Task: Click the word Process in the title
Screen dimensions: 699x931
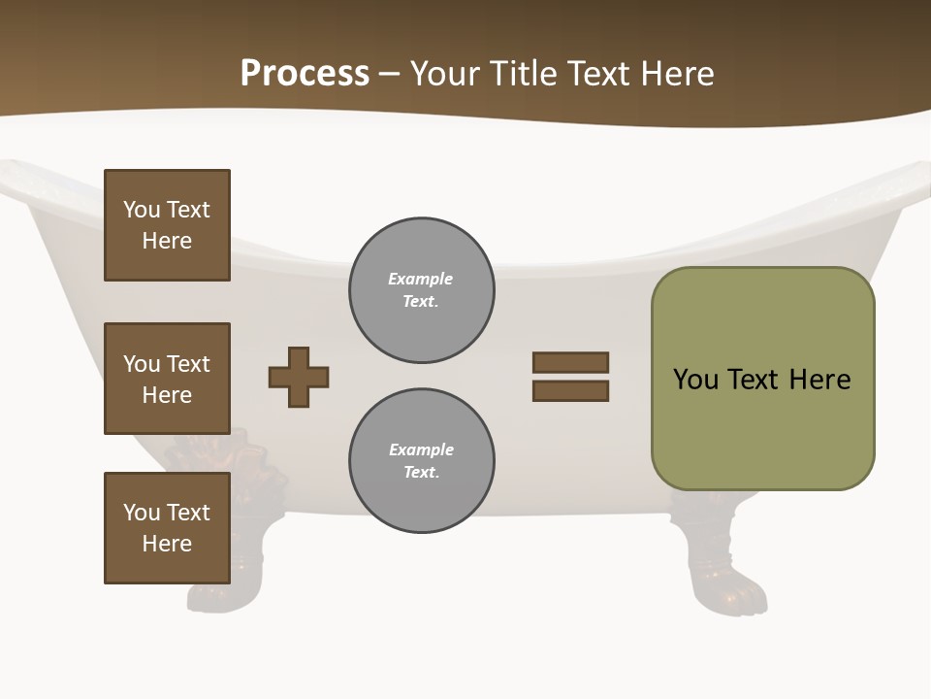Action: tap(305, 74)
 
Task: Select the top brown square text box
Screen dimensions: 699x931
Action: tap(167, 225)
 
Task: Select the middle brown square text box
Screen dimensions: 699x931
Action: tap(167, 379)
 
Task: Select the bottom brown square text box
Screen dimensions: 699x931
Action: tap(167, 528)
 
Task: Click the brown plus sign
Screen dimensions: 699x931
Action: tap(299, 377)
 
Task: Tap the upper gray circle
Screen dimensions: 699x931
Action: tap(421, 290)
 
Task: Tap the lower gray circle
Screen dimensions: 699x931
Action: tap(421, 461)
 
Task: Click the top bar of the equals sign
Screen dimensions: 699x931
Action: tap(570, 362)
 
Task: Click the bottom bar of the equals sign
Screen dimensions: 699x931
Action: tap(570, 391)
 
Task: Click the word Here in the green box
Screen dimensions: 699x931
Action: tap(819, 379)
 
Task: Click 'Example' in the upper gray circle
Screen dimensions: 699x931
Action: tap(420, 279)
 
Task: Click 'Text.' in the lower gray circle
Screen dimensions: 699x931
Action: tap(421, 473)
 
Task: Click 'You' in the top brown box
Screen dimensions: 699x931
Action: tap(142, 210)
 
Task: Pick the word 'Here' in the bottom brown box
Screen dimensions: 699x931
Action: tap(167, 544)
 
